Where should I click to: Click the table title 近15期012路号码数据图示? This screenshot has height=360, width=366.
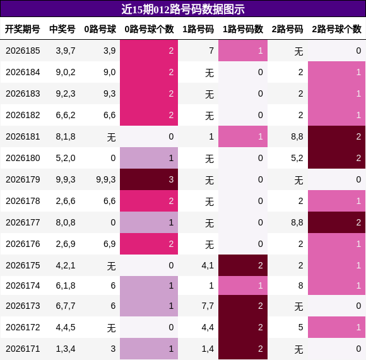pyautogui.click(x=183, y=9)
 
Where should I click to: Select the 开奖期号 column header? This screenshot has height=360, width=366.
pyautogui.click(x=23, y=29)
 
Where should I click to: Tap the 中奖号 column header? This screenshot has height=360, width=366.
pyautogui.click(x=62, y=29)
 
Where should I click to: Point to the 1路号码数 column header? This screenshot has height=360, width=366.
pyautogui.click(x=243, y=29)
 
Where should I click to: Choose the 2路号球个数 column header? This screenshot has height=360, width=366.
pyautogui.click(x=336, y=29)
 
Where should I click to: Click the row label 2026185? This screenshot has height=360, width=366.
pyautogui.click(x=23, y=51)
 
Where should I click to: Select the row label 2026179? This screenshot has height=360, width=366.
pyautogui.click(x=23, y=179)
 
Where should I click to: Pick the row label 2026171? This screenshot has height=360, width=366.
pyautogui.click(x=23, y=349)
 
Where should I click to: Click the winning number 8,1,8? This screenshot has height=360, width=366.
pyautogui.click(x=66, y=136)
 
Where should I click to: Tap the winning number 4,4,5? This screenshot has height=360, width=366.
pyautogui.click(x=66, y=327)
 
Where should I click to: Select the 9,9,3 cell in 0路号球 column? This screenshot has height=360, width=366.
pyautogui.click(x=106, y=179)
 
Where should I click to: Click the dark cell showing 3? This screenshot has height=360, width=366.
pyautogui.click(x=149, y=179)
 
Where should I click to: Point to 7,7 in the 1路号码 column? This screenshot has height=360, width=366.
pyautogui.click(x=208, y=306)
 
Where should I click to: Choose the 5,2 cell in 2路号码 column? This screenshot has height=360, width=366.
pyautogui.click(x=297, y=158)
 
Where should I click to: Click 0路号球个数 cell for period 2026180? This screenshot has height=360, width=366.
pyautogui.click(x=149, y=158)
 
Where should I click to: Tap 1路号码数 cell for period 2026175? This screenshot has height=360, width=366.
pyautogui.click(x=243, y=265)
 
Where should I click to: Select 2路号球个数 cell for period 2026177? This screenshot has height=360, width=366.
pyautogui.click(x=336, y=222)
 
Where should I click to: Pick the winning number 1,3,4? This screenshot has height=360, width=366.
pyautogui.click(x=66, y=349)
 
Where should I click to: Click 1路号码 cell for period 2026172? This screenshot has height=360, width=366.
pyautogui.click(x=208, y=327)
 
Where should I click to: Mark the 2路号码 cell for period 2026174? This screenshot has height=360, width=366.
pyautogui.click(x=300, y=285)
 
